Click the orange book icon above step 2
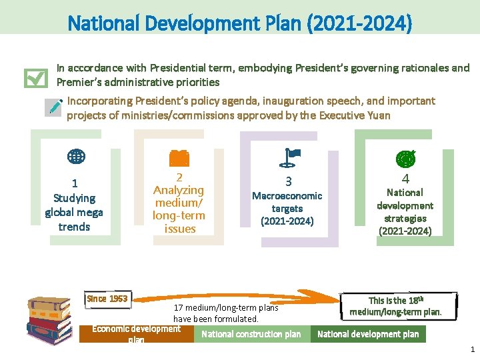pos(179,157)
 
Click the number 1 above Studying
pos(75,183)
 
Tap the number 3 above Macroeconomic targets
pos(289,181)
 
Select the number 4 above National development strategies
pos(405,179)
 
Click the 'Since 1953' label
pos(107,299)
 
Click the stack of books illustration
pos(49,318)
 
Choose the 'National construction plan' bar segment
pos(251,334)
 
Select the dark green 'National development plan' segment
pos(368,334)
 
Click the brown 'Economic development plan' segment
pos(136,333)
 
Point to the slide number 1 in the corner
pos(472,349)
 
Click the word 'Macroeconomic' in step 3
pos(287,196)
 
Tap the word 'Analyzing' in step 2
pos(179,190)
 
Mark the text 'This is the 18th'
pos(395,301)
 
